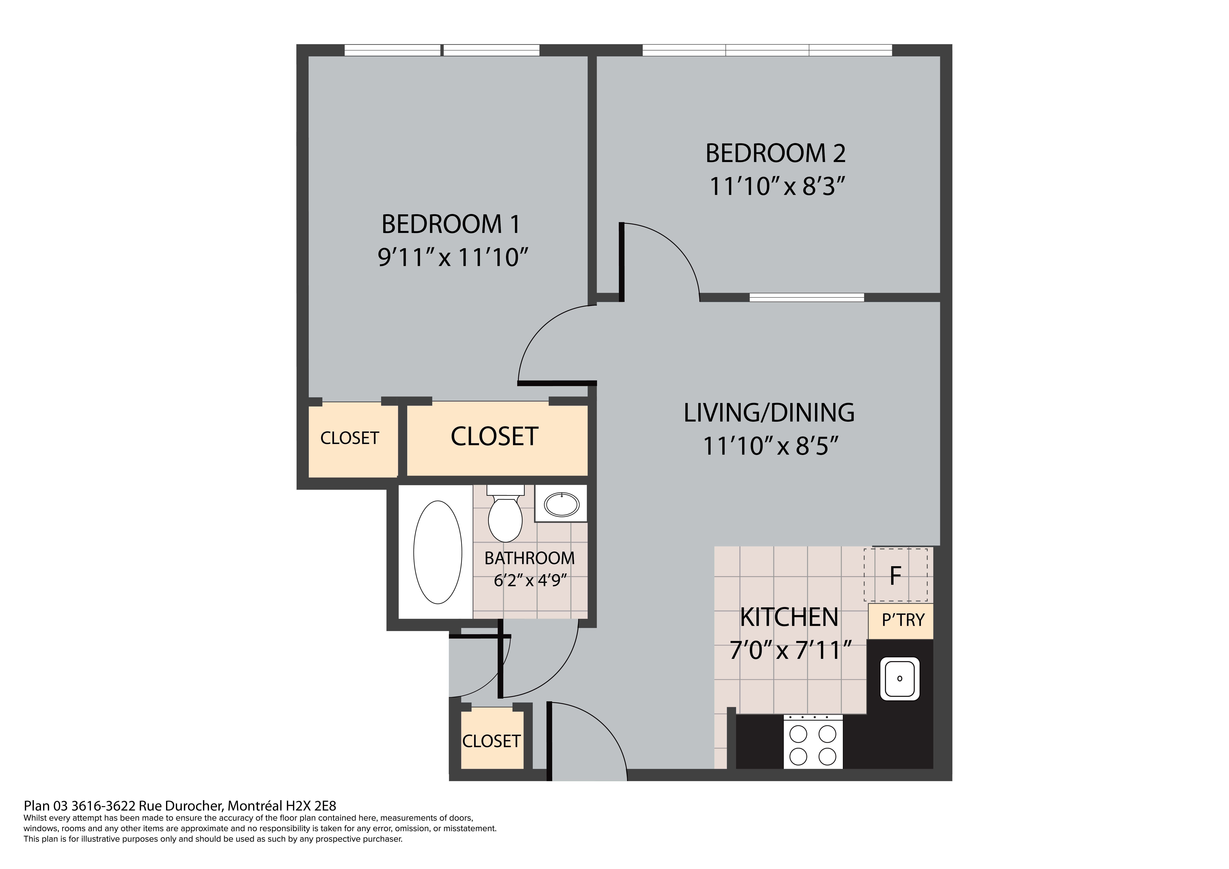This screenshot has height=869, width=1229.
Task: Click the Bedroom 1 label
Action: click(451, 224)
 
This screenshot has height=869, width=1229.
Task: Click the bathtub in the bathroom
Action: click(438, 552)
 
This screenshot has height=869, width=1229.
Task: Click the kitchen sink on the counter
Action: click(900, 678)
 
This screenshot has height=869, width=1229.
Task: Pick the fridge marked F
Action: click(896, 575)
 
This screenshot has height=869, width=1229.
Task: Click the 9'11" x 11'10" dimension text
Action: click(453, 257)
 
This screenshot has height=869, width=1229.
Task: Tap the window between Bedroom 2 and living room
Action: click(807, 298)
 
